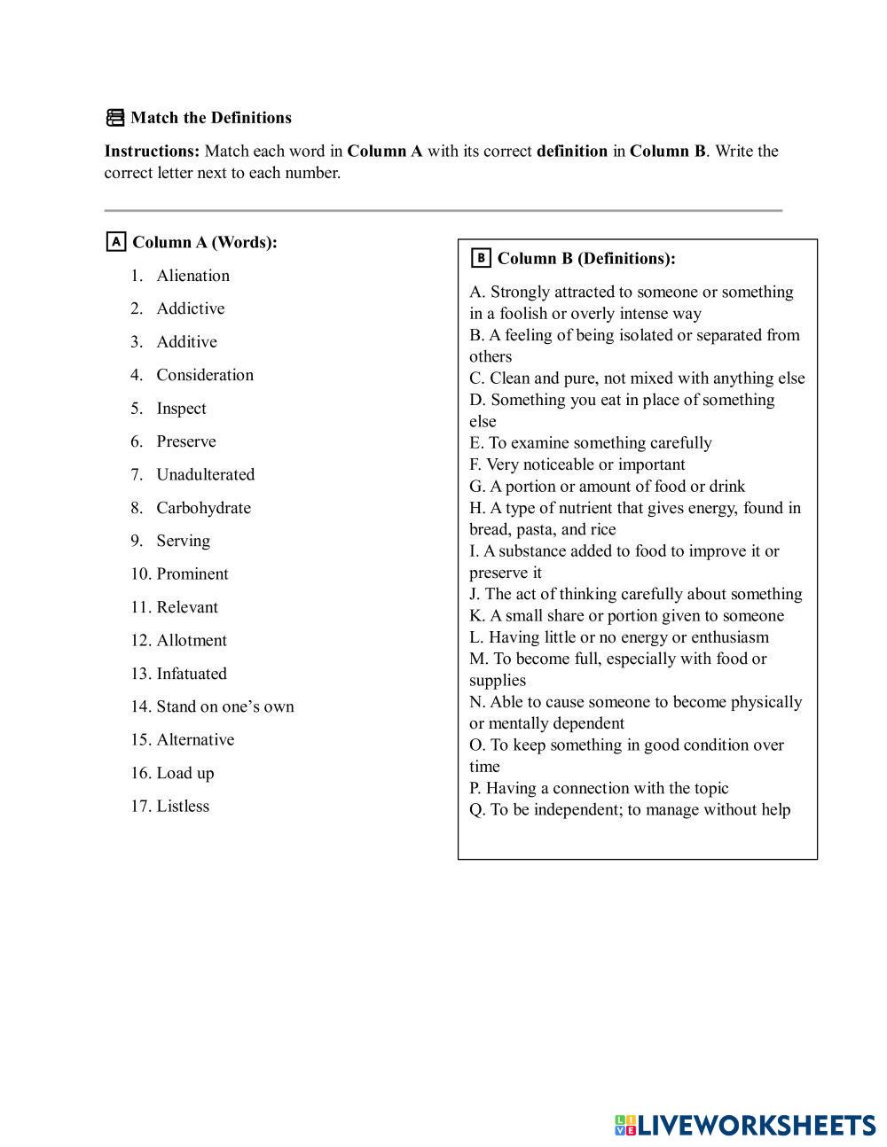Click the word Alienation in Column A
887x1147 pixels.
tap(192, 276)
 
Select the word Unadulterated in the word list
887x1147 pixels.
tap(205, 474)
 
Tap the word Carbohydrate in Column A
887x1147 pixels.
tap(203, 508)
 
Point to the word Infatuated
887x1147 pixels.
tap(192, 674)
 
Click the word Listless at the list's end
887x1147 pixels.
tap(183, 806)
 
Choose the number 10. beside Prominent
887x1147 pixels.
tap(141, 573)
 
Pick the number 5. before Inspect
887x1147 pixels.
tap(137, 409)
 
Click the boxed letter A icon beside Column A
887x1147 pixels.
tap(115, 241)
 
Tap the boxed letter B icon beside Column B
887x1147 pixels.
tap(481, 258)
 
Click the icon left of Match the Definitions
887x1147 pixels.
tap(115, 118)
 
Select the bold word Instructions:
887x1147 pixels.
tap(152, 151)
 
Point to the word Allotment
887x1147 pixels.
tap(192, 640)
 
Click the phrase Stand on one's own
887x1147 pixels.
tap(225, 706)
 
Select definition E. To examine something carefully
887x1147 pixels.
tap(591, 442)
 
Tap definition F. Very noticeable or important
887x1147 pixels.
tap(577, 464)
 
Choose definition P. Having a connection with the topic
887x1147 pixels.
tap(599, 788)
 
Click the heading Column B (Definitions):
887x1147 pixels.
tap(586, 259)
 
